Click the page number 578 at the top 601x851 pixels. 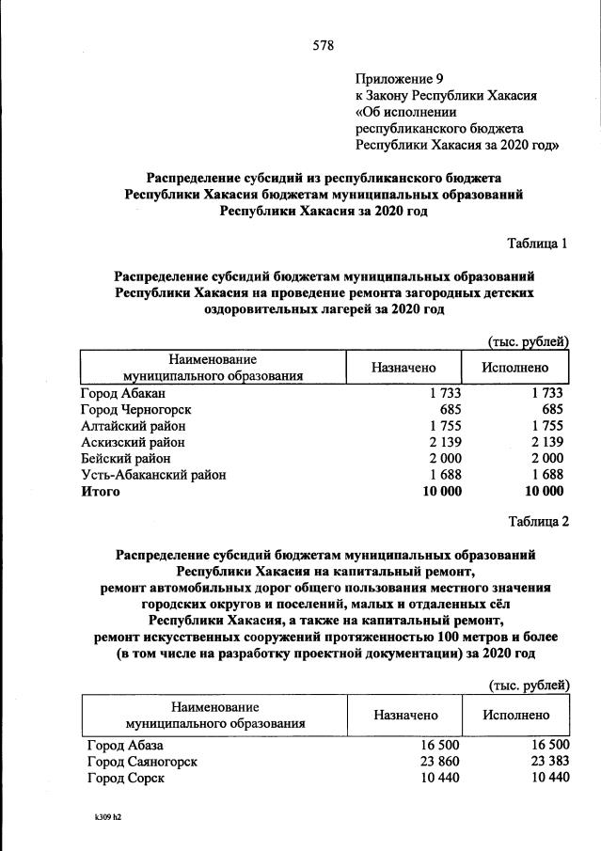tap(324, 45)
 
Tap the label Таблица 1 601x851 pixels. tap(538, 244)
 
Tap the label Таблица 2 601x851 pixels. tap(538, 522)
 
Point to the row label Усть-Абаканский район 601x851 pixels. tap(154, 475)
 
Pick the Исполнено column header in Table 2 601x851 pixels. tap(515, 716)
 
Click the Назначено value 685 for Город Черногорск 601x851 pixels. tap(448, 409)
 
